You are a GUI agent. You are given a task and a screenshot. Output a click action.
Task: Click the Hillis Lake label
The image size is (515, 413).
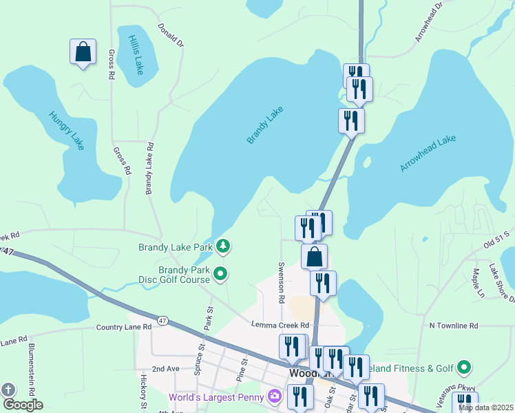click(x=136, y=51)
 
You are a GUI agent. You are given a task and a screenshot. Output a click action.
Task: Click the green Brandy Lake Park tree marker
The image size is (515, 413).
click(x=222, y=246)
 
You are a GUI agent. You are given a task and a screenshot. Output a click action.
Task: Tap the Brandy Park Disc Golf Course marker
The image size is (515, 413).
click(x=220, y=275)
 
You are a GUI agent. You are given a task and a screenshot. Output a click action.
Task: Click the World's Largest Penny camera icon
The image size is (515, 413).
click(x=275, y=396)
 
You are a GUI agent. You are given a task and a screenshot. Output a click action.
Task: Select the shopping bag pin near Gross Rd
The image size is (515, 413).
click(x=83, y=52)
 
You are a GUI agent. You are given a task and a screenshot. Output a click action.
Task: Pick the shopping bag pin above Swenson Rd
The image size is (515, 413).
click(x=314, y=257)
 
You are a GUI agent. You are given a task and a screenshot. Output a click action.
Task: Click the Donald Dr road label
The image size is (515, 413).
click(x=171, y=35)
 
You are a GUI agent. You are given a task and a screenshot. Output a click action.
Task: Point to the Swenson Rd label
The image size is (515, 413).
click(x=281, y=282)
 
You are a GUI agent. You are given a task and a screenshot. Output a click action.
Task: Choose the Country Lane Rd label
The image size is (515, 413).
click(x=124, y=327)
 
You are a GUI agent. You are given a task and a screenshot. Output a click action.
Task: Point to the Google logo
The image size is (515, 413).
click(x=22, y=405)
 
